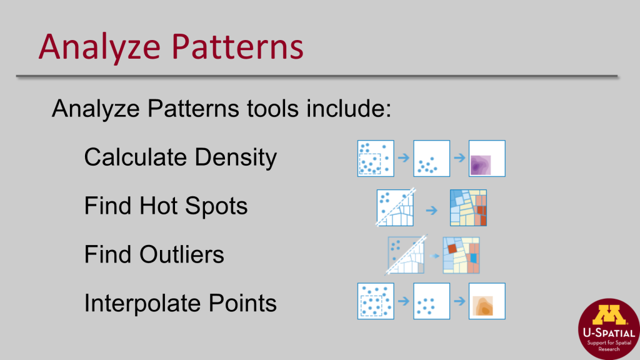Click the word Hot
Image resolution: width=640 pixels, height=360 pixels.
point(162,206)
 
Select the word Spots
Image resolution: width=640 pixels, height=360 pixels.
point(219,206)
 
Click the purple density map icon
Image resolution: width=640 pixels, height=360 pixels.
point(487,159)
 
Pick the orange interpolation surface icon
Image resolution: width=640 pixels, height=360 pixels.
point(487,301)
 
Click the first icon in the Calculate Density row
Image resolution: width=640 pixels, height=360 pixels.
point(375,159)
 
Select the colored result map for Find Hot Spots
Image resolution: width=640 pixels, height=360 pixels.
point(468,207)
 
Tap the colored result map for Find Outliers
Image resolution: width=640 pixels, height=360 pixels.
point(461,255)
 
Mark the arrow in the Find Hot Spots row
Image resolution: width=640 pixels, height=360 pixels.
point(431,210)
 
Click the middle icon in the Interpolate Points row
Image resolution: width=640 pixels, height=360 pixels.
point(431,301)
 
